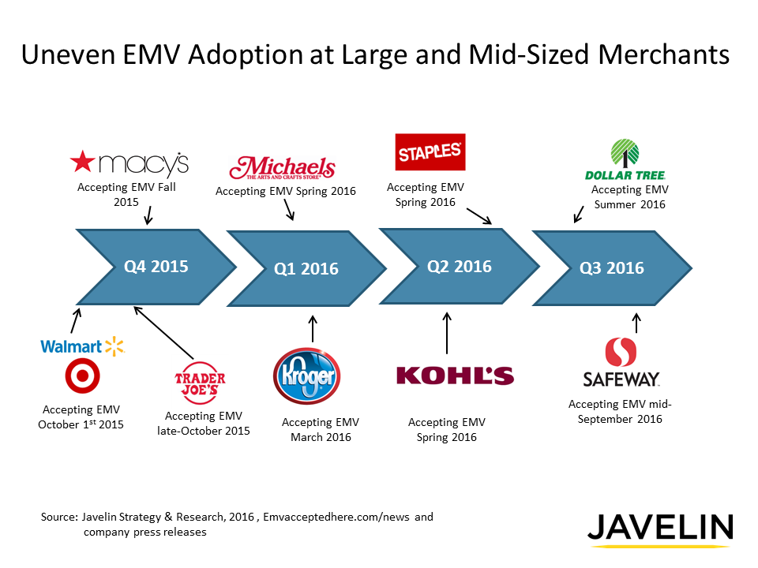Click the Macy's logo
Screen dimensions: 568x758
pyautogui.click(x=129, y=163)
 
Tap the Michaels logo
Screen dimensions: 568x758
pyautogui.click(x=282, y=169)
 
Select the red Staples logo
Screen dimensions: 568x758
pyautogui.click(x=430, y=151)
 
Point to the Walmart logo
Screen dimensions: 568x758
pyautogui.click(x=82, y=346)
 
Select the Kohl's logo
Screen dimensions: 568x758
pyautogui.click(x=455, y=376)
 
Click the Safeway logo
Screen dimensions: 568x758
pyautogui.click(x=621, y=364)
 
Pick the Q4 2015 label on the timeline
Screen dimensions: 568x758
pyautogui.click(x=156, y=266)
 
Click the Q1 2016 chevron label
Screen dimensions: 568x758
pyautogui.click(x=306, y=269)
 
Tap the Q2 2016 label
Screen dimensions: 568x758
pyautogui.click(x=459, y=266)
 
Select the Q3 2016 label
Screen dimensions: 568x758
pyautogui.click(x=612, y=268)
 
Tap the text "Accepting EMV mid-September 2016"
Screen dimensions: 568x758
pyautogui.click(x=620, y=411)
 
